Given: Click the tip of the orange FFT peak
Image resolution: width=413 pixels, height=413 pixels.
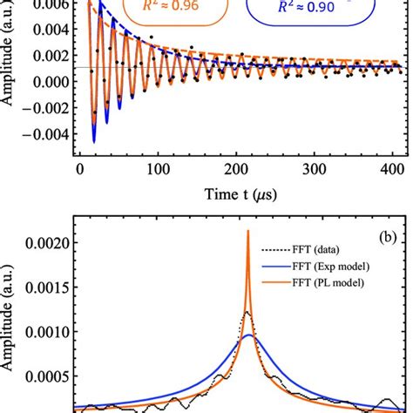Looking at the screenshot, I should tap(248, 255).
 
